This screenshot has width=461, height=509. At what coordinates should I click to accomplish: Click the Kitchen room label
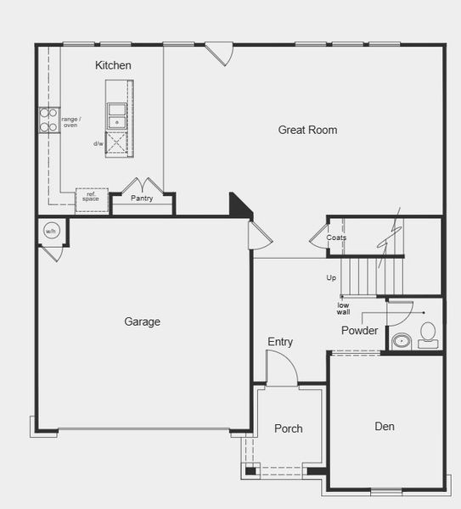click(x=113, y=65)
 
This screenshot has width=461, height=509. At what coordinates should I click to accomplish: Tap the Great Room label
click(x=307, y=130)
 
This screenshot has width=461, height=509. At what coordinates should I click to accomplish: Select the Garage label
click(x=142, y=322)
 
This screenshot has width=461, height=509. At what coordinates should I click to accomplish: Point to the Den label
click(x=385, y=426)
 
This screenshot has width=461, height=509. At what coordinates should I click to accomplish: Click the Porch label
click(x=289, y=428)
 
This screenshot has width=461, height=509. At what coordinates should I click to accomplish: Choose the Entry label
click(x=280, y=342)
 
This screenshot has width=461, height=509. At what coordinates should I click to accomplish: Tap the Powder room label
click(x=359, y=330)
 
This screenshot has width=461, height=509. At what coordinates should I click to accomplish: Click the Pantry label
click(x=142, y=199)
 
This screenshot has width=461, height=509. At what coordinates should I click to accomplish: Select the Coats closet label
click(x=336, y=238)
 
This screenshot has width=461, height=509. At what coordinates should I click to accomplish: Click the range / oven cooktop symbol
click(x=48, y=120)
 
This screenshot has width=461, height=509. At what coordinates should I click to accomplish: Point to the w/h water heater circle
click(x=50, y=231)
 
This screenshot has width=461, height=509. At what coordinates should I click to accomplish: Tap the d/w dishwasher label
click(x=98, y=143)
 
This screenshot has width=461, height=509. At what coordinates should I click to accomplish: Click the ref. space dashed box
click(x=92, y=197)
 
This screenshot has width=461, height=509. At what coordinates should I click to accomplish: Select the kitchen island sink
click(x=117, y=111)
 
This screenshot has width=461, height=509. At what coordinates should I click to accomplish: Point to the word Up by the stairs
click(x=331, y=277)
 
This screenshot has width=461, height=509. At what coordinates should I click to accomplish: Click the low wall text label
click(x=343, y=309)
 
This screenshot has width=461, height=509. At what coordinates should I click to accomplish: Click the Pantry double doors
click(x=138, y=186)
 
